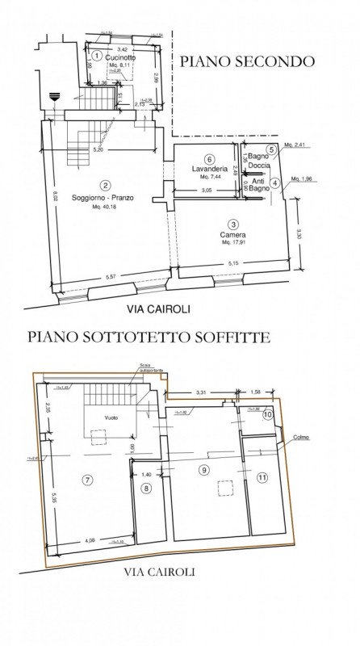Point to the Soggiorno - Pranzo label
coord(105,198)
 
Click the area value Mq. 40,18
coord(105,208)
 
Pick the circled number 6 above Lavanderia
coord(208,159)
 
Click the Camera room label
coord(232,234)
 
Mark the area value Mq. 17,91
coord(232,242)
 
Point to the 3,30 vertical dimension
coord(299,235)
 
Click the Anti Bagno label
coord(258,186)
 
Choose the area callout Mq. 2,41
coord(300,145)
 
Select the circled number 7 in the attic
coord(86,480)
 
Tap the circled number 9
coord(203,469)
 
